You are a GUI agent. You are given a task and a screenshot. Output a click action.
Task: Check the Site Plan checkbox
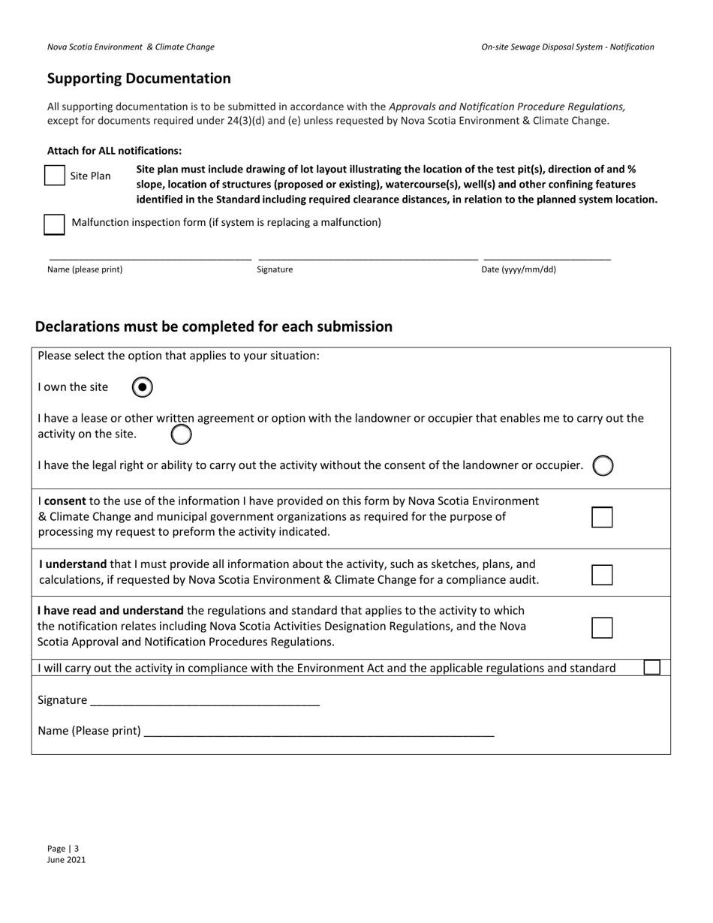[55, 176]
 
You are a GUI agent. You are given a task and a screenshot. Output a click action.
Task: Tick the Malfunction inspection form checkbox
[54, 224]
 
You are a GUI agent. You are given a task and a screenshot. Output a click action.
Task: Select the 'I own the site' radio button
[143, 387]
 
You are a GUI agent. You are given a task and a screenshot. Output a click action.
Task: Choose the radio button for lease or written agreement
[181, 434]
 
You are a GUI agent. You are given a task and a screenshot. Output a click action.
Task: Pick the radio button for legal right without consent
[603, 466]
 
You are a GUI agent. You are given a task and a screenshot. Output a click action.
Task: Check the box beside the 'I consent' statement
[602, 517]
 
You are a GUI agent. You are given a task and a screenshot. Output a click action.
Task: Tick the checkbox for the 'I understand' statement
[602, 575]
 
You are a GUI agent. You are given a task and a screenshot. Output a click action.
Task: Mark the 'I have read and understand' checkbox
[602, 627]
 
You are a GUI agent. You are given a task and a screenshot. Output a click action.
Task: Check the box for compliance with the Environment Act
[651, 667]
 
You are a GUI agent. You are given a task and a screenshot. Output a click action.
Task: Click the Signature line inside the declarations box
[204, 699]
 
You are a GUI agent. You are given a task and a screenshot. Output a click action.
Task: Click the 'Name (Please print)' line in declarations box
[318, 730]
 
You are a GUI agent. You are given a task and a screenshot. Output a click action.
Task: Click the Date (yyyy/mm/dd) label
[519, 269]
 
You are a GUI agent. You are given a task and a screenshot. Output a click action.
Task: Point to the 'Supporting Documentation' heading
[139, 79]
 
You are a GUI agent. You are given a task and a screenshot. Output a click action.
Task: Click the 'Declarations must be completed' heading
[214, 326]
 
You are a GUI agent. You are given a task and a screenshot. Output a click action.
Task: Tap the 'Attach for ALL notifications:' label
[114, 151]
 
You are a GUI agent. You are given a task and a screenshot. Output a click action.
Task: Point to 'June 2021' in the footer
[66, 860]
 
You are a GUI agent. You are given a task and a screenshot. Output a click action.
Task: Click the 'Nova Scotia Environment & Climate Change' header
[131, 47]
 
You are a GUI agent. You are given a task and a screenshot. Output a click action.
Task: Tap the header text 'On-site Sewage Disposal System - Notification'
[567, 47]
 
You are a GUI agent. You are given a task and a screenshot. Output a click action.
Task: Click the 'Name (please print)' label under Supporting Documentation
[85, 269]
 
